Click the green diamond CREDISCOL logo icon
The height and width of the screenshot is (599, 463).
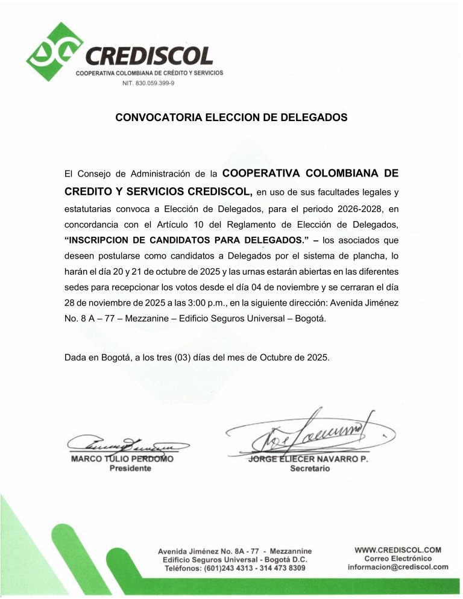pyautogui.click(x=54, y=52)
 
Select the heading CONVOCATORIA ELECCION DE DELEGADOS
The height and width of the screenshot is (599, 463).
pyautogui.click(x=231, y=118)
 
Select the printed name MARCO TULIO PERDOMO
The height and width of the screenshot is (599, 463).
pyautogui.click(x=122, y=459)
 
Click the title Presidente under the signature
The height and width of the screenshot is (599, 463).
pyautogui.click(x=130, y=469)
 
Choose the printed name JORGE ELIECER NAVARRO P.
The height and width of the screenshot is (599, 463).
pyautogui.click(x=308, y=459)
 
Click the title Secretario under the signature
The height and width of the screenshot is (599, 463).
pyautogui.click(x=310, y=469)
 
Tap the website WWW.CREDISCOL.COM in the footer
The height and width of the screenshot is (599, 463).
pyautogui.click(x=398, y=550)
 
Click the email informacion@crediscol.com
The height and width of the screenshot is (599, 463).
pyautogui.click(x=398, y=566)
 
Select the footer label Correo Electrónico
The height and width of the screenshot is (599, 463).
pyautogui.click(x=398, y=558)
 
